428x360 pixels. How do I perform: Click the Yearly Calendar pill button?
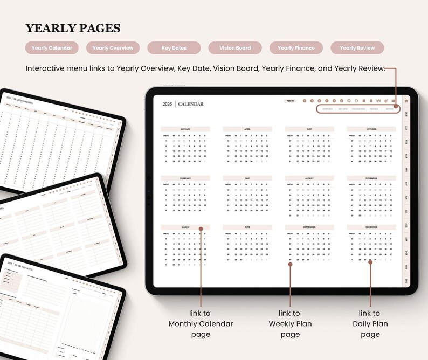(52, 48)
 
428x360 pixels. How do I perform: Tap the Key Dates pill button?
(174, 48)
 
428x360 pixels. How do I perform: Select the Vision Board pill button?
(235, 48)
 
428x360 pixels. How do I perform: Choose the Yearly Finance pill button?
(296, 48)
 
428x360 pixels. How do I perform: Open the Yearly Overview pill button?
(113, 48)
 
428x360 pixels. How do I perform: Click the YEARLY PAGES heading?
(73, 29)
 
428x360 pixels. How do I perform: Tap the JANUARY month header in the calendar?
(185, 129)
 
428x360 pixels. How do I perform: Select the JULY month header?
(309, 129)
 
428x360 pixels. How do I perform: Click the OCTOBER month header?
(371, 129)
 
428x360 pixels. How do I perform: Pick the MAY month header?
(247, 178)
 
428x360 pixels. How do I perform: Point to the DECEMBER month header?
(371, 227)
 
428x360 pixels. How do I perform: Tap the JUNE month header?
(247, 227)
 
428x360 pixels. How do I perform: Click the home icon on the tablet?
(406, 100)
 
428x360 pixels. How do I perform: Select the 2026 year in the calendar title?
(168, 104)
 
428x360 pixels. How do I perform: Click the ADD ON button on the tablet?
(290, 101)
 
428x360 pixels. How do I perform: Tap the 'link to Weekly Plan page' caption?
(290, 324)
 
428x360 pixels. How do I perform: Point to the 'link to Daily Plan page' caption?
(370, 324)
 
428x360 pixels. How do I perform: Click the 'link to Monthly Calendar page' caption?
(201, 324)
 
